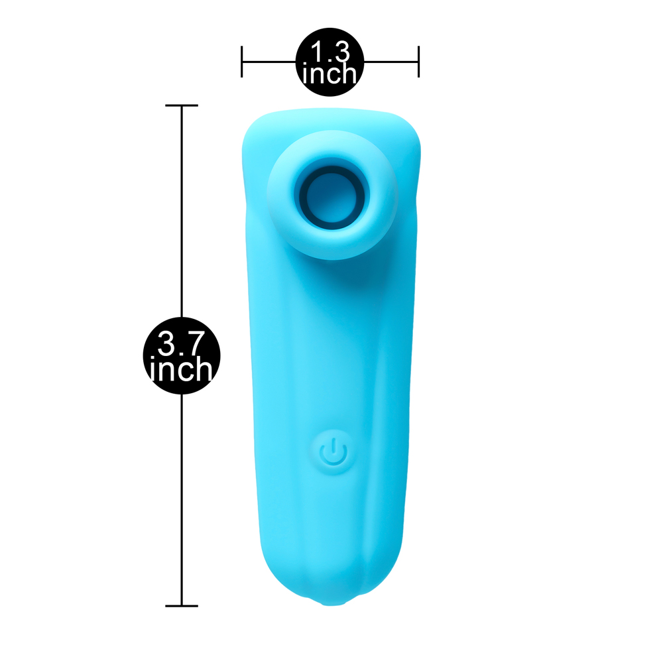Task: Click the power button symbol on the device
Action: pyautogui.click(x=333, y=452)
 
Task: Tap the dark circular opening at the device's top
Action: pyautogui.click(x=332, y=194)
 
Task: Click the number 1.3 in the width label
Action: pyautogui.click(x=330, y=52)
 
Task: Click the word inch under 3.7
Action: pyautogui.click(x=182, y=369)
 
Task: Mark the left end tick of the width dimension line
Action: pyautogui.click(x=241, y=62)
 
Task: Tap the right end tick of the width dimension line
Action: pyautogui.click(x=418, y=62)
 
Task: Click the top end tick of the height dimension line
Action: pyautogui.click(x=182, y=105)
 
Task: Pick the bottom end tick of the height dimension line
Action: pyautogui.click(x=182, y=606)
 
